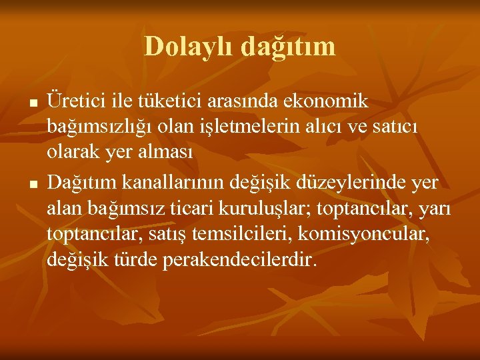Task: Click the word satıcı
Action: pyautogui.click(x=399, y=127)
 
